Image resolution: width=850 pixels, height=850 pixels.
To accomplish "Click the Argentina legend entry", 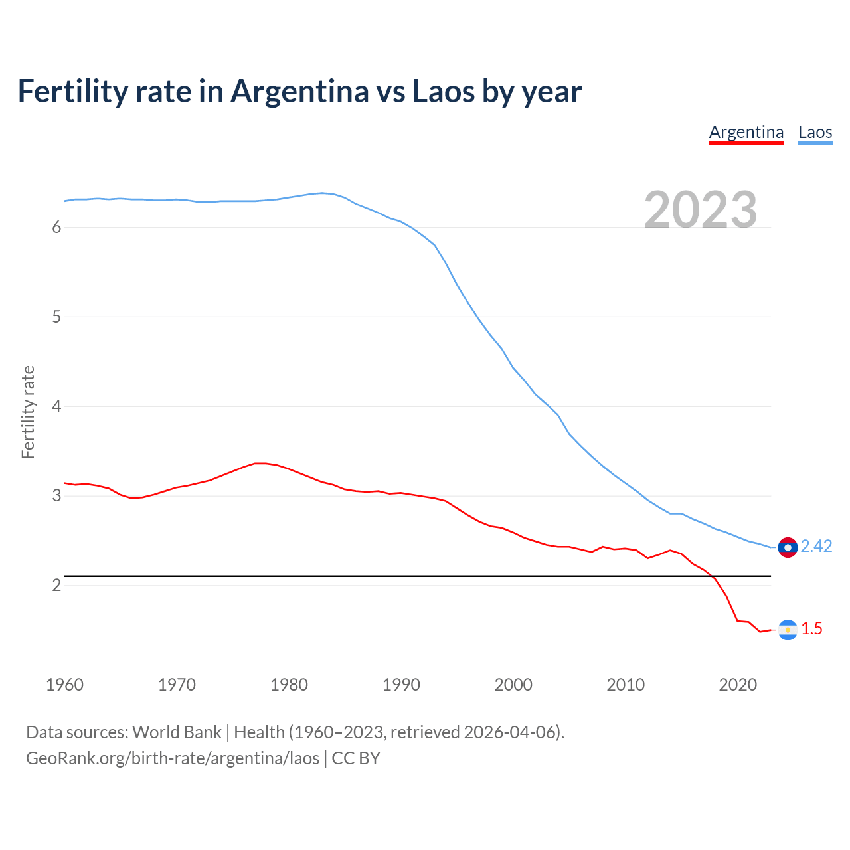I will pyautogui.click(x=746, y=132).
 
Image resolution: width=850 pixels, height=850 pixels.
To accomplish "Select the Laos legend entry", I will pyautogui.click(x=815, y=132).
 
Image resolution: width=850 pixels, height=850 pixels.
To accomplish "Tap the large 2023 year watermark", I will pyautogui.click(x=701, y=210).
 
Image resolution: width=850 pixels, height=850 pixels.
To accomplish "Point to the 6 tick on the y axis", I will pyautogui.click(x=56, y=228).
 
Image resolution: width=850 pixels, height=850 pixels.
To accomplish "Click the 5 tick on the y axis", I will pyautogui.click(x=56, y=317).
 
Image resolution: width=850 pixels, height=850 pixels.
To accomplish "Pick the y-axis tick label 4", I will pyautogui.click(x=56, y=406).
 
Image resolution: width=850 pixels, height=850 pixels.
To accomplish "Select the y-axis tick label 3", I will pyautogui.click(x=56, y=496).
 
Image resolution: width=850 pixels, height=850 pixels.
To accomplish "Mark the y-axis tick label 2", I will pyautogui.click(x=56, y=585).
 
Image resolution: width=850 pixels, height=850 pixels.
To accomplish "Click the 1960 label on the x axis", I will pyautogui.click(x=64, y=685).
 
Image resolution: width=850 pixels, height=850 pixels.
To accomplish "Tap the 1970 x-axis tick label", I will pyautogui.click(x=177, y=685).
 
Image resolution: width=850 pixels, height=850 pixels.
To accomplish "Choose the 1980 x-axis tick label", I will pyautogui.click(x=289, y=685).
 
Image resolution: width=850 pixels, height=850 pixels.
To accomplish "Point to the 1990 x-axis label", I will pyautogui.click(x=401, y=685).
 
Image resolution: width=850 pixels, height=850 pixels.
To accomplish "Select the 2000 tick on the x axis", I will pyautogui.click(x=513, y=685).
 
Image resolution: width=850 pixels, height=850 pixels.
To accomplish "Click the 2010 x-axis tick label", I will pyautogui.click(x=626, y=685).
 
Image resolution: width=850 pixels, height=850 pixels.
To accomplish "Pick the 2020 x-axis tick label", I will pyautogui.click(x=738, y=685).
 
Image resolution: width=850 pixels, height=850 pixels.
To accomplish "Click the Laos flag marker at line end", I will pyautogui.click(x=788, y=547).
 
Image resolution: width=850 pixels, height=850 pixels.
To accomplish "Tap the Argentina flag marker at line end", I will pyautogui.click(x=788, y=630).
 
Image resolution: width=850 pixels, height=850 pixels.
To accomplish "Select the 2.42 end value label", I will pyautogui.click(x=816, y=546).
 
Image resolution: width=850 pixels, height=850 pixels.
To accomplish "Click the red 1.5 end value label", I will pyautogui.click(x=811, y=628).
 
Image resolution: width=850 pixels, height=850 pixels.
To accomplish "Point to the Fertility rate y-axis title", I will pyautogui.click(x=28, y=412).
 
